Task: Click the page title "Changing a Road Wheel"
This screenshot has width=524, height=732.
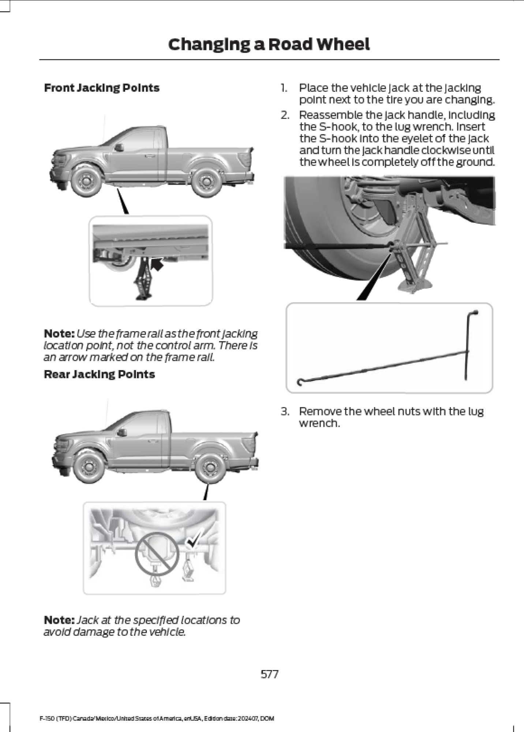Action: pyautogui.click(x=269, y=44)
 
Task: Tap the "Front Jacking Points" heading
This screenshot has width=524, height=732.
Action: pyautogui.click(x=102, y=88)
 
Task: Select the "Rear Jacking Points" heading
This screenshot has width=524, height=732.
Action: pyautogui.click(x=99, y=374)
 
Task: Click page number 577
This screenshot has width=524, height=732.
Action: pyautogui.click(x=269, y=674)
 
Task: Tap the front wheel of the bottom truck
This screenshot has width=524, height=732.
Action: pyautogui.click(x=89, y=468)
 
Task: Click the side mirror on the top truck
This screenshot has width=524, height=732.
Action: pyautogui.click(x=118, y=147)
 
